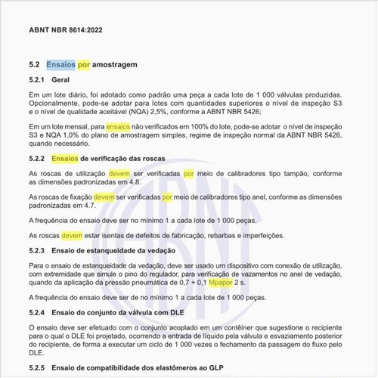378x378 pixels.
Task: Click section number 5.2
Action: coord(34,65)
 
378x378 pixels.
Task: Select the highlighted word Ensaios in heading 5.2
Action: coord(60,65)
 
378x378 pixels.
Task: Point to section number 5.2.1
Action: coord(37,79)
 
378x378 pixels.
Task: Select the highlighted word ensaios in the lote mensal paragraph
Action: coord(119,127)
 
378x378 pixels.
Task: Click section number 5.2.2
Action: coord(37,159)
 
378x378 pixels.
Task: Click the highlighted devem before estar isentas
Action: coord(72,235)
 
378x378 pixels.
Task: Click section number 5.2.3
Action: coord(37,250)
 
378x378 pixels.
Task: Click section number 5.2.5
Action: coord(37,367)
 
